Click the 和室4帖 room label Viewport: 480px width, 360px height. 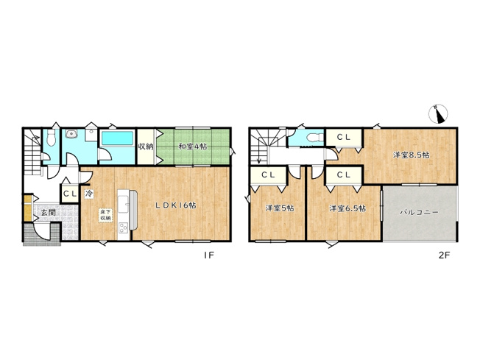click(193, 147)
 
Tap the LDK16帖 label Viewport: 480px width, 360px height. click(176, 205)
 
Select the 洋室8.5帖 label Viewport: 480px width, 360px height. click(411, 155)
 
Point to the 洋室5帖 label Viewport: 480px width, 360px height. click(280, 208)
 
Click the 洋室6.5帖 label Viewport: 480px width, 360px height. click(347, 208)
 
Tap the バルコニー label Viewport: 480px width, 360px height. click(419, 212)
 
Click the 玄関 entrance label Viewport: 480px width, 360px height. click(49, 212)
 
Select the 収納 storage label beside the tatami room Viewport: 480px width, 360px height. click(146, 147)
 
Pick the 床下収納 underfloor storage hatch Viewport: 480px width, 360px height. click(105, 214)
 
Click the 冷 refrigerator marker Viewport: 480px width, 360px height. click(89, 194)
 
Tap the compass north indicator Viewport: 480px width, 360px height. click(438, 113)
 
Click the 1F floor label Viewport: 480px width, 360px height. click(209, 255)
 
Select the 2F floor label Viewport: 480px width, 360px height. click(444, 255)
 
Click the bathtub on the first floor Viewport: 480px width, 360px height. click(118, 138)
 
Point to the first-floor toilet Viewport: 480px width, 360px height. click(51, 138)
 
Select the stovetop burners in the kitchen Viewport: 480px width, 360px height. click(124, 227)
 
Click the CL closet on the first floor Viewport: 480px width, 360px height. click(70, 194)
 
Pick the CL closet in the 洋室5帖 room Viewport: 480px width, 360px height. click(268, 174)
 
